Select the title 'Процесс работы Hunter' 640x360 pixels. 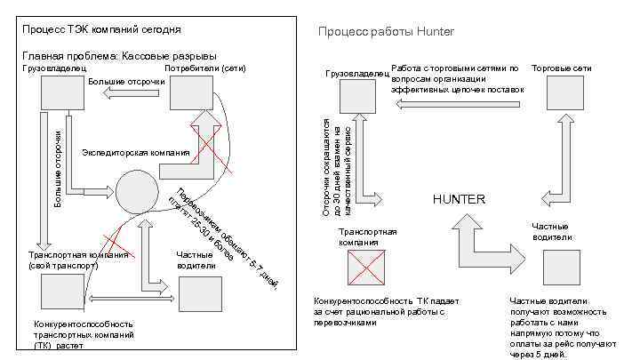point(386,32)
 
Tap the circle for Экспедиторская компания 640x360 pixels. point(135,189)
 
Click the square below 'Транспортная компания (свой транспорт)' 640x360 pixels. point(60,292)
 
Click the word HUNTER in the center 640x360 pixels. point(459,199)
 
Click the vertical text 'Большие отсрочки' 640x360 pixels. point(58,168)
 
